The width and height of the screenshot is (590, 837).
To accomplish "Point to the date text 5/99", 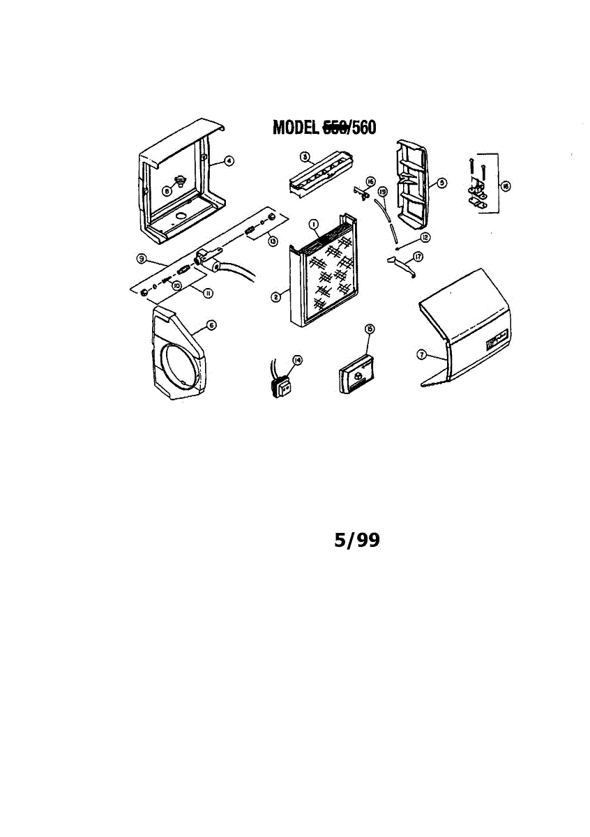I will pyautogui.click(x=357, y=540).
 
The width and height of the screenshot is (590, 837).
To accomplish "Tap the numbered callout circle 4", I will pyautogui.click(x=229, y=160).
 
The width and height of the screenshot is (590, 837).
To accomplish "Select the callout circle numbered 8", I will pyautogui.click(x=167, y=190).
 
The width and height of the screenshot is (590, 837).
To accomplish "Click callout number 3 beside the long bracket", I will pyautogui.click(x=305, y=158).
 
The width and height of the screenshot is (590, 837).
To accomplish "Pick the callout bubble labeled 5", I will pyautogui.click(x=441, y=183).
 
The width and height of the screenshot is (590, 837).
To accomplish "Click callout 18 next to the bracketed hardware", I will pyautogui.click(x=506, y=186).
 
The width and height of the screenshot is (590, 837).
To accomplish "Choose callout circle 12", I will pyautogui.click(x=425, y=237).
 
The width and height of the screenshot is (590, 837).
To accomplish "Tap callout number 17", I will pyautogui.click(x=418, y=257).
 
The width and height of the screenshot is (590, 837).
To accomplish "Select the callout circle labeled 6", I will pyautogui.click(x=211, y=325).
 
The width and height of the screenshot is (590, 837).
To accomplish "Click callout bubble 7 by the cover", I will pyautogui.click(x=421, y=354).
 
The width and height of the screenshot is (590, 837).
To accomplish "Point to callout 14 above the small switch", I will pyautogui.click(x=298, y=360).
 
